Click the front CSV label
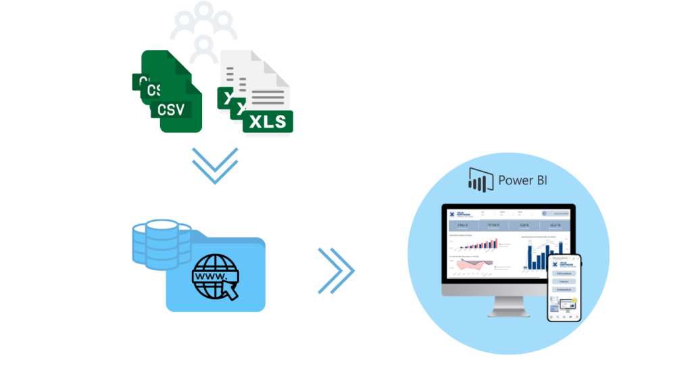click(x=172, y=109)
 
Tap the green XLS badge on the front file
click(x=268, y=122)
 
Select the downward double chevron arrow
click(x=215, y=165)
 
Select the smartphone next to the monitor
click(x=564, y=287)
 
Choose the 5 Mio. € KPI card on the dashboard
click(x=463, y=226)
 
